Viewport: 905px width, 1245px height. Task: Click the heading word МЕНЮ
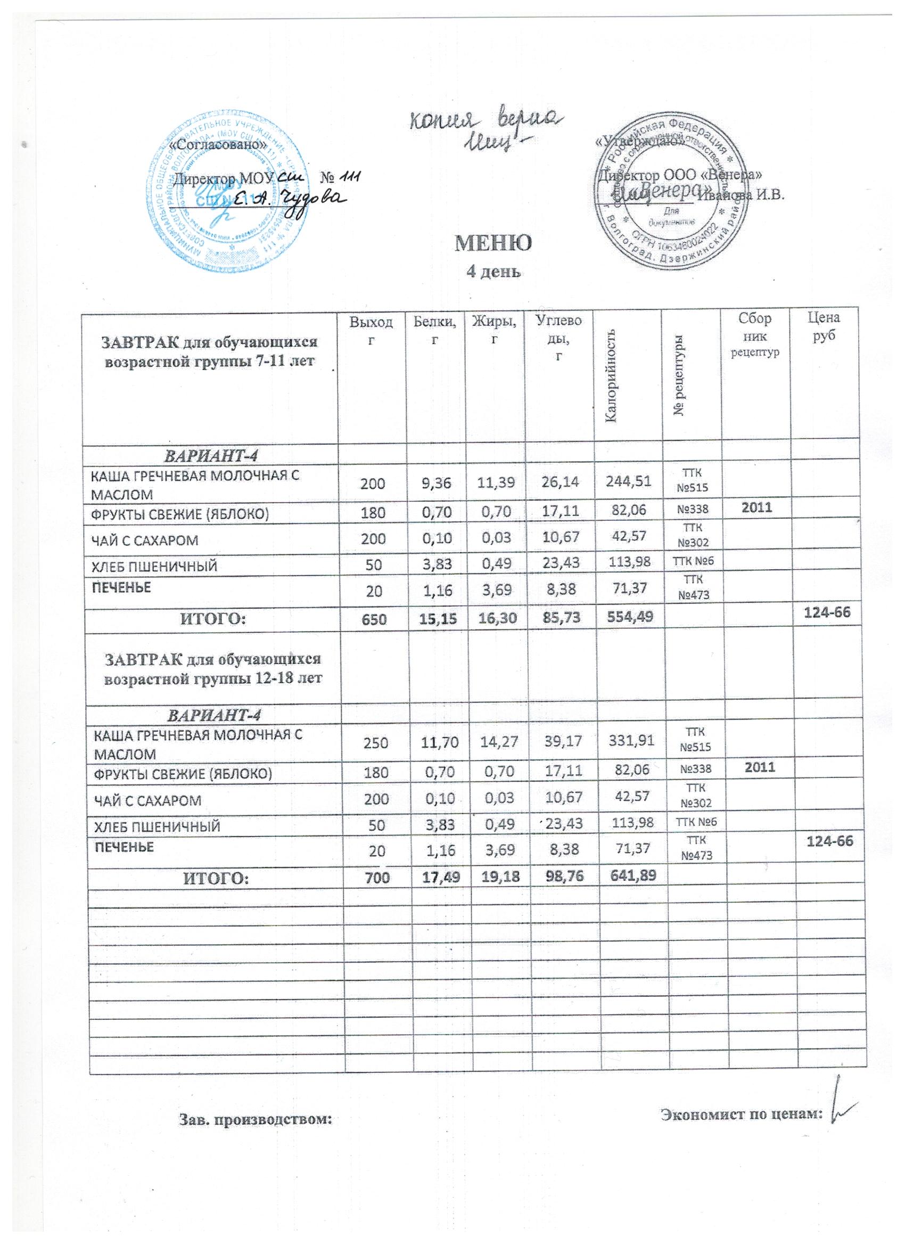pyautogui.click(x=493, y=243)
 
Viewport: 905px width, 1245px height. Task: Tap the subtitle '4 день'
pyautogui.click(x=493, y=271)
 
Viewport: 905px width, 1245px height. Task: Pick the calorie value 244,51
pyautogui.click(x=627, y=481)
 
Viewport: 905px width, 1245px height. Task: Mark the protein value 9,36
pyautogui.click(x=436, y=482)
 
